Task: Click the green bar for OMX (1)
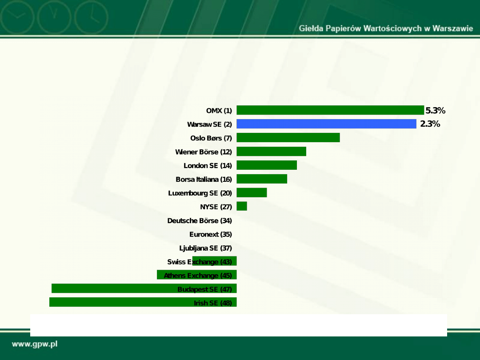coord(330,110)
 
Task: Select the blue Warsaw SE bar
coord(326,124)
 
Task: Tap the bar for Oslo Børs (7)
coord(288,138)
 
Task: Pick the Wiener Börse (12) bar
coord(271,152)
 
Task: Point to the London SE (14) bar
coord(267,165)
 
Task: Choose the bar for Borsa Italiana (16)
coord(262,179)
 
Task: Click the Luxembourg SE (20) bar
coord(252,193)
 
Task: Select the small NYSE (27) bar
coord(242,206)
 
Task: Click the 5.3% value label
coord(435,111)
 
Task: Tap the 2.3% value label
coord(430,124)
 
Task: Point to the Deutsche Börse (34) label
coord(200,221)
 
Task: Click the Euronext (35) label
coord(211,235)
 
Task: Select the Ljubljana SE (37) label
coord(205,248)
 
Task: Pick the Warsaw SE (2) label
coord(209,124)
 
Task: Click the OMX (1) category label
coord(219,111)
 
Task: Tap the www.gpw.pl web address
coord(35,344)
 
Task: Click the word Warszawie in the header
coord(453,28)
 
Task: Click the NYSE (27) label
coord(216,207)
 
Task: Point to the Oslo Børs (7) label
coord(211,138)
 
